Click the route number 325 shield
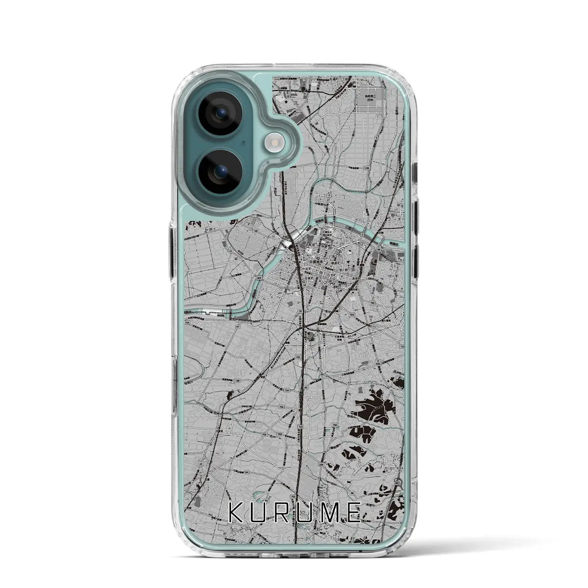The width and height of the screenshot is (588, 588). pos(377,363)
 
